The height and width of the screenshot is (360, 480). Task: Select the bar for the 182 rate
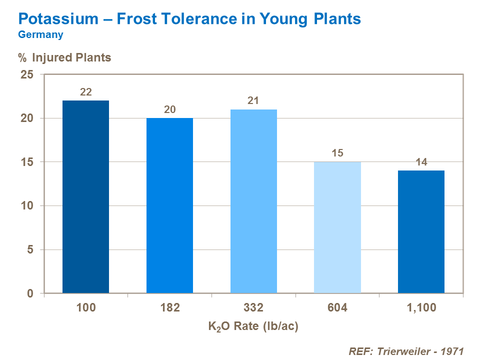(169, 205)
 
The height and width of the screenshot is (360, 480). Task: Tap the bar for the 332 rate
(253, 201)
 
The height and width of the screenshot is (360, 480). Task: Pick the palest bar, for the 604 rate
(337, 227)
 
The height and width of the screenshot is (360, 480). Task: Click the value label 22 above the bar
(85, 92)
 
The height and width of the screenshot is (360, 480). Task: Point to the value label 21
(253, 100)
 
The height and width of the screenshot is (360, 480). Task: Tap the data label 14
(421, 162)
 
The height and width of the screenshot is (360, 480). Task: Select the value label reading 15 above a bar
(337, 153)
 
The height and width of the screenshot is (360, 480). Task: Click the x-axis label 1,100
(421, 307)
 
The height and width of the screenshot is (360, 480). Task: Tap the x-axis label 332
(253, 307)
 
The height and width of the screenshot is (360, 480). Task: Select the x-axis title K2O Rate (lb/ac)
(253, 327)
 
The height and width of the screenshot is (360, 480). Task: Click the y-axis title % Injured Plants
(64, 57)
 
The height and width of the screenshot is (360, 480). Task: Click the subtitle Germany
(40, 34)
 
